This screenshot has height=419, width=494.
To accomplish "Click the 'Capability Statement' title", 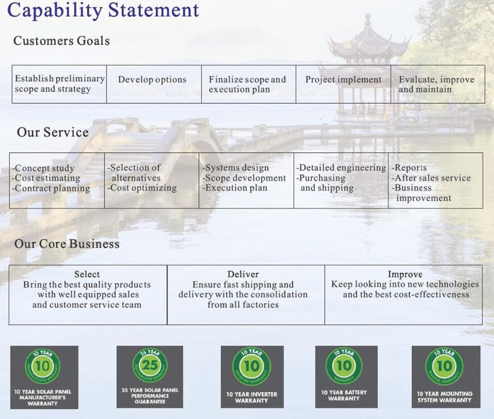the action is point(103,10).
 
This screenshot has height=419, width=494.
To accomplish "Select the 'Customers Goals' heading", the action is point(61,41).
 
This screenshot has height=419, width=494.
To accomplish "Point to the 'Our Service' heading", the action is point(53,132).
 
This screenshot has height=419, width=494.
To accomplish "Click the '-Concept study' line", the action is point(43,168).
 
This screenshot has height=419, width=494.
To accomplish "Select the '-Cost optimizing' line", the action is point(142,188).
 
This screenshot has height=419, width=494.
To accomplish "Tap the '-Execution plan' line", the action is point(235,188).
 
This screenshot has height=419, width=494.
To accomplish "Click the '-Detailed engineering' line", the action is point(341,168).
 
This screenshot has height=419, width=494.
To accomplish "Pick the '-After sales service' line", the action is point(431,178).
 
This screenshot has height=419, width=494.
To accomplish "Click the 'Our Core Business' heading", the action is point(67,244).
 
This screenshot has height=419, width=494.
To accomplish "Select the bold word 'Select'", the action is point(87,274).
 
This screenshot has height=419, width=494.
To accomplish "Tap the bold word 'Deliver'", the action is point(243,274).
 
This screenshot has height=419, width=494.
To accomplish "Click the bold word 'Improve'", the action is point(405,274).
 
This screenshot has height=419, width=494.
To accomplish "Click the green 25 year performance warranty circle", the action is point(150,365).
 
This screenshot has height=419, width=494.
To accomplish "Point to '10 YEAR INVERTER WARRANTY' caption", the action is point(252,397).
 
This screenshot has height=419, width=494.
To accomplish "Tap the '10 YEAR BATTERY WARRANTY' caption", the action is point(344,395).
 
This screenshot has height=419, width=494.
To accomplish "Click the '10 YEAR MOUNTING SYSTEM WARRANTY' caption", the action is point(445,397).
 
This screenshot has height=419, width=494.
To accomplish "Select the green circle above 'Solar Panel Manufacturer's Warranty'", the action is point(42,366).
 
